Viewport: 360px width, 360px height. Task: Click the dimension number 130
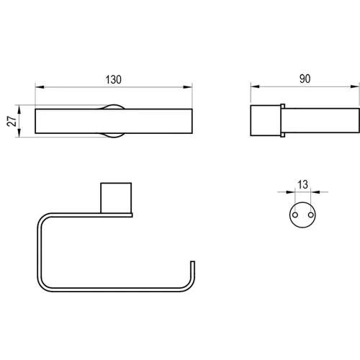(x=114, y=79)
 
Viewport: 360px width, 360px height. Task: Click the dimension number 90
(x=305, y=78)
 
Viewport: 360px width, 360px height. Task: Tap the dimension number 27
(x=12, y=121)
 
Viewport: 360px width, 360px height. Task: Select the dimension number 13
(x=302, y=184)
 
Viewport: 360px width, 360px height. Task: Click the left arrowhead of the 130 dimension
(x=40, y=87)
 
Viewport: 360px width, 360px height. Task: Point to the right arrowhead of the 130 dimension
(x=188, y=87)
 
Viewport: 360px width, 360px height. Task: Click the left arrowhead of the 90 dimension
(x=255, y=86)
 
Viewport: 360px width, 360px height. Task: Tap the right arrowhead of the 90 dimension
(x=355, y=86)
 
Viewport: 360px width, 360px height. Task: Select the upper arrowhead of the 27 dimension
(x=19, y=109)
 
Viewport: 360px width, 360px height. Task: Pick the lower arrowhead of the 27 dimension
(x=19, y=132)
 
